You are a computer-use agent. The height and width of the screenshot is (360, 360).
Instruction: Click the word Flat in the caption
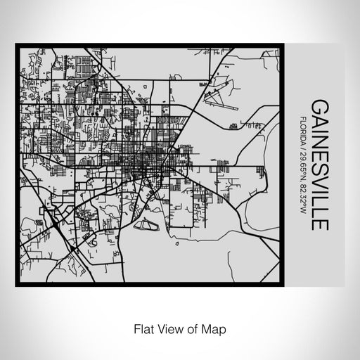point(143,328)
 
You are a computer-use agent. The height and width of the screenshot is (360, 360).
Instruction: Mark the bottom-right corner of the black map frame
point(283,283)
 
